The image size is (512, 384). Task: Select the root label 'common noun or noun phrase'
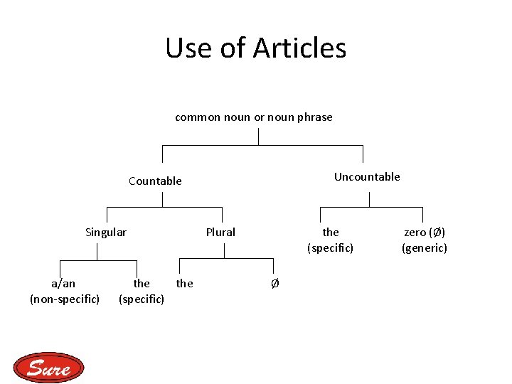(254, 117)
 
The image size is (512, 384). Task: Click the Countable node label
(155, 181)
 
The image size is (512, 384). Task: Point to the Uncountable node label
(367, 176)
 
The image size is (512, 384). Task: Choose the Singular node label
(106, 232)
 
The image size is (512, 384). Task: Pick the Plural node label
(220, 232)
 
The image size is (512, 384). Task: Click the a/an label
(63, 283)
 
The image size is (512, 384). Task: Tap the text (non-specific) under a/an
(64, 299)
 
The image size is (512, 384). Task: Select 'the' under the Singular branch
(142, 283)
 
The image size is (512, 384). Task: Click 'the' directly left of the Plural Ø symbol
(184, 283)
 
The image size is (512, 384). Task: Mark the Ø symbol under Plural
(275, 284)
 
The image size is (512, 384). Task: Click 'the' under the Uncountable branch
(331, 232)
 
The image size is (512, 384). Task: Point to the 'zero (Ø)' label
(425, 232)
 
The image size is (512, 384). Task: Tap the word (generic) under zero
(425, 247)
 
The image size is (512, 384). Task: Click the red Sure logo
(48, 368)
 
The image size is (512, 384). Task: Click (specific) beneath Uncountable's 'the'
(330, 247)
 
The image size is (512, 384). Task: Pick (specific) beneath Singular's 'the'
(142, 299)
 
